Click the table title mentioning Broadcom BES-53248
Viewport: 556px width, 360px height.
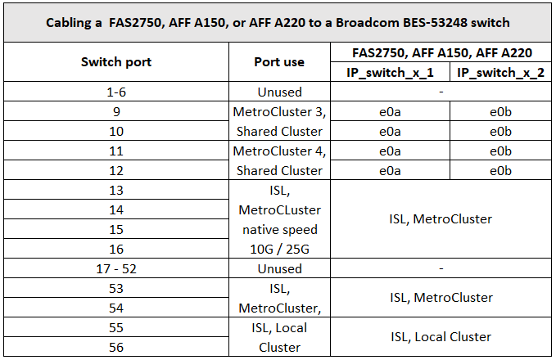pos(278,22)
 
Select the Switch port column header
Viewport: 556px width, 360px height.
pos(115,62)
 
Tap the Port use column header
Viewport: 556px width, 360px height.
pos(279,62)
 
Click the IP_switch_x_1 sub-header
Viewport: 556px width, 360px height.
pos(390,73)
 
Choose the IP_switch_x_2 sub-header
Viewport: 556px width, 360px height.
pos(500,73)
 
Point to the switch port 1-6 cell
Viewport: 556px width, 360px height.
pos(115,92)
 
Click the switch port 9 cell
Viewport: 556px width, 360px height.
pos(115,112)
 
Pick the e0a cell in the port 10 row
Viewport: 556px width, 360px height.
pos(390,132)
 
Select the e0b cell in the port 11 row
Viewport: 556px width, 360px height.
pos(500,151)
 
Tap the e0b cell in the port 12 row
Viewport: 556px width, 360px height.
pos(500,171)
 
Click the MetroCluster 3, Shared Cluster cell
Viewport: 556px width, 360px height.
pos(279,122)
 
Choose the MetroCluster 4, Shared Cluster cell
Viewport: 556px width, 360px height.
pos(279,161)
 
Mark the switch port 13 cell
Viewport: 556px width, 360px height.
pos(115,191)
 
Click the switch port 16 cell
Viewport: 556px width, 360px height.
pos(115,250)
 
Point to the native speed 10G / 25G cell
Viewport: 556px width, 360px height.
pos(279,220)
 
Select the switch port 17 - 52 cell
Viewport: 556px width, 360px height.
pos(115,269)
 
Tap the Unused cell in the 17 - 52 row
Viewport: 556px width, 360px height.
pos(279,269)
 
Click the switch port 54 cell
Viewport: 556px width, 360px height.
pos(115,308)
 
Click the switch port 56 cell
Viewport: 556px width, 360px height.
pos(115,347)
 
